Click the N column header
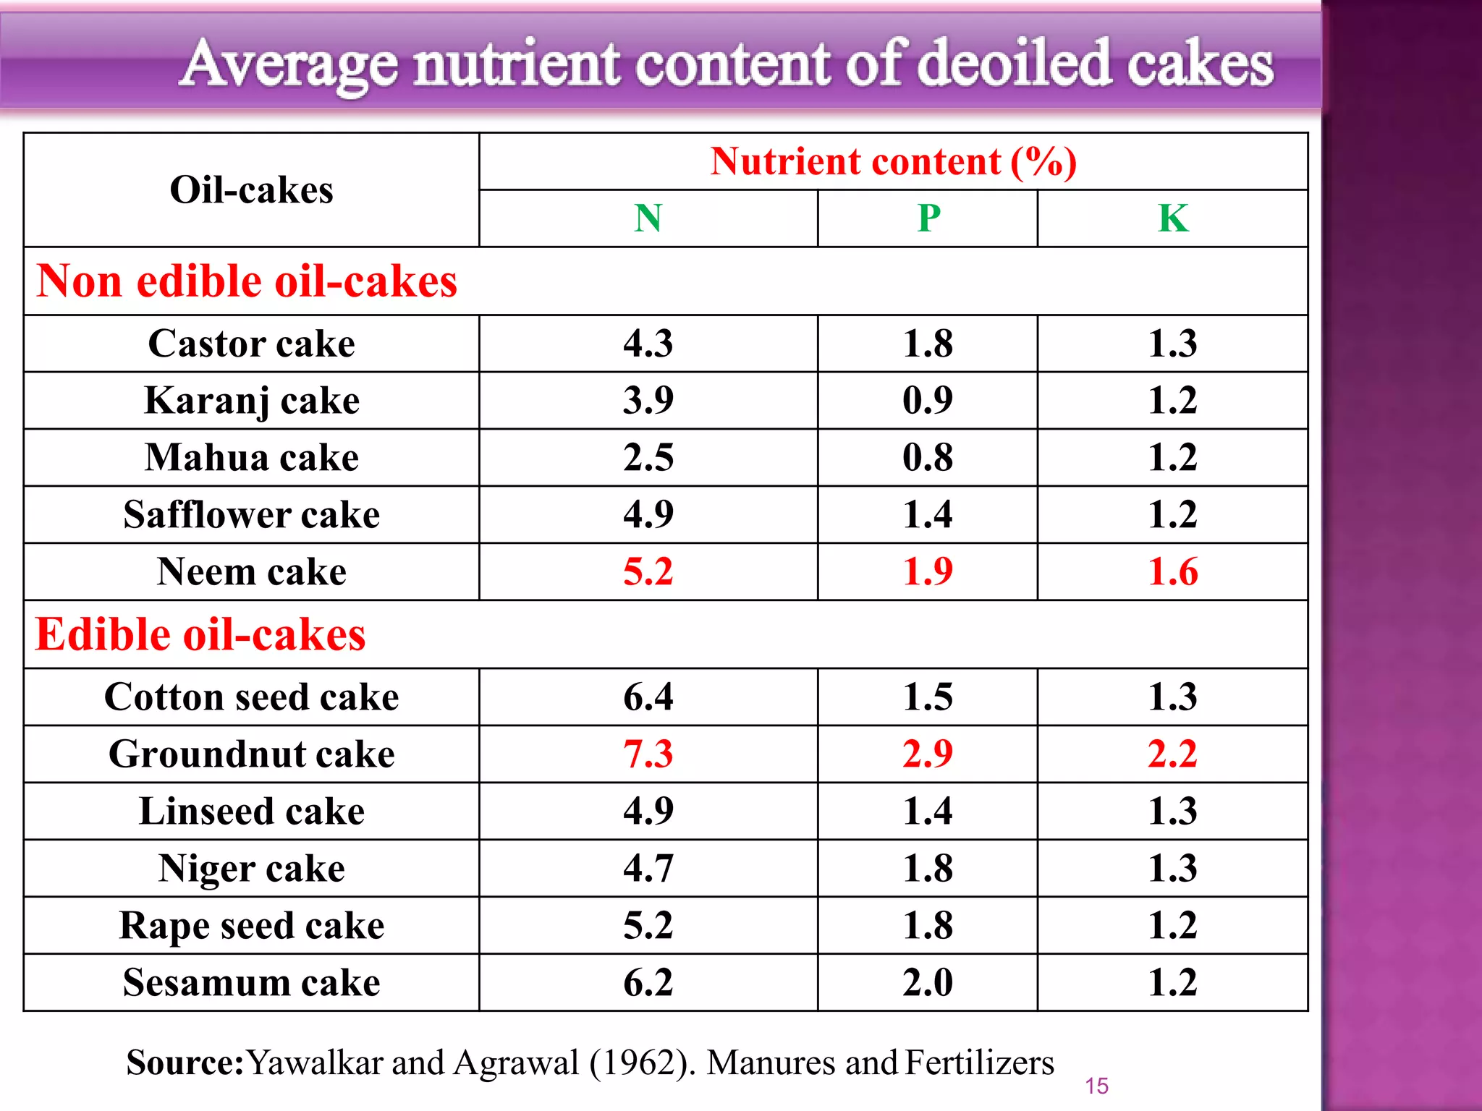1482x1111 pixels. tap(648, 218)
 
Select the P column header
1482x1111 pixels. tap(928, 218)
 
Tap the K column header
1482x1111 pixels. tap(1172, 218)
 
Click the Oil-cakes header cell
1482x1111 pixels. tap(251, 190)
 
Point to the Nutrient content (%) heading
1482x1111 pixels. tap(893, 161)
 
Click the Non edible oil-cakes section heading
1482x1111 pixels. tap(247, 281)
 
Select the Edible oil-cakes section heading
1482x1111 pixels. tap(200, 634)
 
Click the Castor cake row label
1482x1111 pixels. tap(251, 344)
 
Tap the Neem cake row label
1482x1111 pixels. tap(251, 572)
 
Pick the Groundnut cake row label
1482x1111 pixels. tap(251, 754)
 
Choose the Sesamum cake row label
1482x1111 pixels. tap(251, 983)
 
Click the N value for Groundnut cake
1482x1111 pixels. tap(648, 754)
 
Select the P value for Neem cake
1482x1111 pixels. tap(928, 572)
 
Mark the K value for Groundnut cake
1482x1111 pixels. tap(1172, 754)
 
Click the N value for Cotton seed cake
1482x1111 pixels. tap(648, 697)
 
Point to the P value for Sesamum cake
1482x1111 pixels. tap(928, 983)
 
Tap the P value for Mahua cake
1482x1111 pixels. tap(928, 458)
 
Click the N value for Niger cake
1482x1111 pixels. tap(648, 869)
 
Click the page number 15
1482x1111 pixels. tap(1096, 1086)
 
